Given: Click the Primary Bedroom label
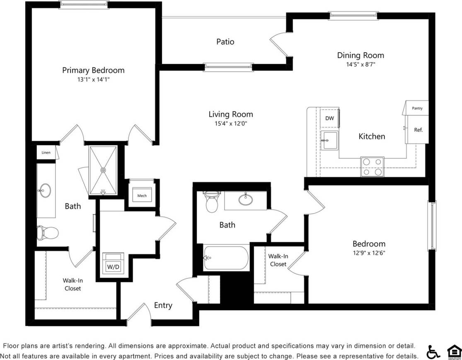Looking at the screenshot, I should coord(93,70).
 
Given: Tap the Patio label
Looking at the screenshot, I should coord(225,42).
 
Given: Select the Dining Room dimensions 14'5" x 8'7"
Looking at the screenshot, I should coord(360,64).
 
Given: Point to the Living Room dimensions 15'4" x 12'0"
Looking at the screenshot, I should coord(230,123).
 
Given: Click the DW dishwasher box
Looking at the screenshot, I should coord(329,118).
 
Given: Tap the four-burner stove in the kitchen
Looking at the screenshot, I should coord(372,167).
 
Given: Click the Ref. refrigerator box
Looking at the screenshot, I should coord(418,130).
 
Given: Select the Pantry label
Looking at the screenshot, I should coord(417,108).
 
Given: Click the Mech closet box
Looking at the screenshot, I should coord(142,195).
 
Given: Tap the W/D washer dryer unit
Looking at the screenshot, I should coord(113,266).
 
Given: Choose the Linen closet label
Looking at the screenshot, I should coord(46,153).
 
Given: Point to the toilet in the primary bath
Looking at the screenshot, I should coord(42,233).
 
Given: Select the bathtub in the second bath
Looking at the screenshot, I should coord(226,258).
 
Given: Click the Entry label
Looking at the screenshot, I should coord(163,305).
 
